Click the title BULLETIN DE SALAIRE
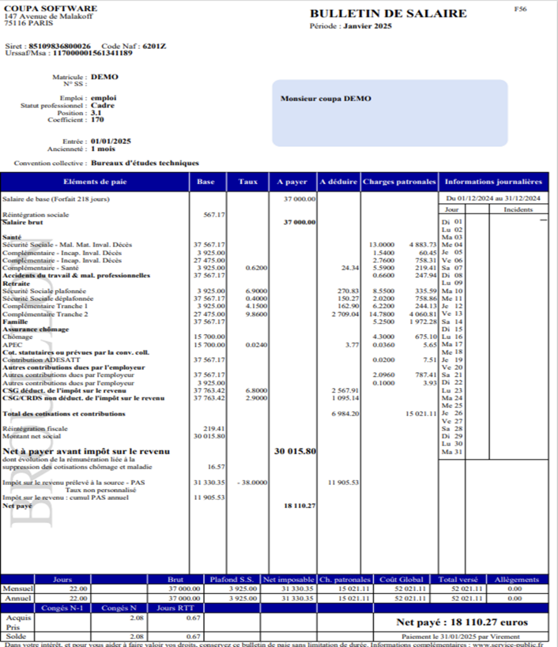388,14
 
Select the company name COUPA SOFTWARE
50,8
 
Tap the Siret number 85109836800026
60,46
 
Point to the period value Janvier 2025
367,26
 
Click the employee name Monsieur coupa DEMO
325,99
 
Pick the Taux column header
248,182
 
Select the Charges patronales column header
399,182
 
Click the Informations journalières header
493,182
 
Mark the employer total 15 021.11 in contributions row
421,414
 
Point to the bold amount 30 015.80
295,452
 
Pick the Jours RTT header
175,608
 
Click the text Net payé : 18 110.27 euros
462,622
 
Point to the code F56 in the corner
520,10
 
